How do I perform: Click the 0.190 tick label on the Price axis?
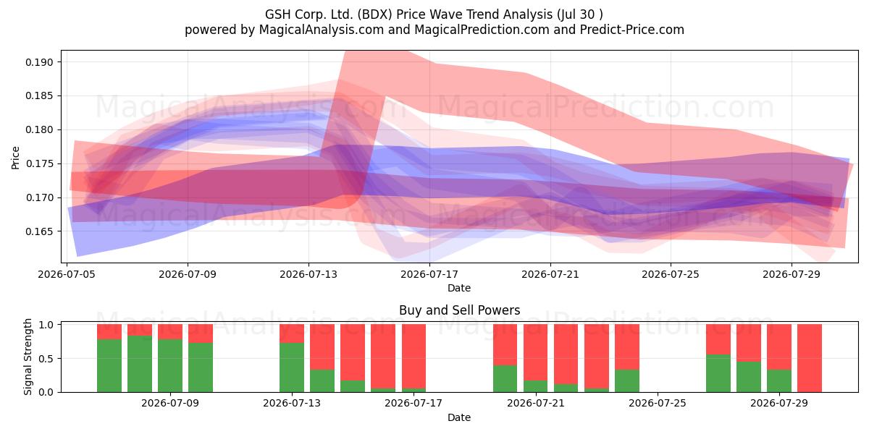[x=39, y=62]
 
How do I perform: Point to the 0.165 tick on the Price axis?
[x=39, y=231]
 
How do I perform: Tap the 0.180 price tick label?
[x=39, y=129]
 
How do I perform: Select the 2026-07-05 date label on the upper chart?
[x=67, y=274]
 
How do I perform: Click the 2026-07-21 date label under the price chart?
[x=550, y=274]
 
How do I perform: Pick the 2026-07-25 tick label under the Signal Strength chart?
[x=658, y=403]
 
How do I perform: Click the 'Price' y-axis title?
[x=15, y=158]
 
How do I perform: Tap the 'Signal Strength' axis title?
[x=28, y=357]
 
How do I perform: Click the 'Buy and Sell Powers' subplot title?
[x=459, y=310]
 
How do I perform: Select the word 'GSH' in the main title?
[x=278, y=14]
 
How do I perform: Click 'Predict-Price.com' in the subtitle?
[x=632, y=30]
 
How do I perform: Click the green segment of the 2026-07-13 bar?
[x=292, y=367]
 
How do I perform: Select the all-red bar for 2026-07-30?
[x=810, y=358]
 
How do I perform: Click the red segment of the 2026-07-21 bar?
[x=535, y=352]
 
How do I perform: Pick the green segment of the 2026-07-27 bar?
[x=718, y=373]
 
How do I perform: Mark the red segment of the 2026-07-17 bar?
[x=413, y=356]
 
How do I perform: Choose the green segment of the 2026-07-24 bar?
[x=627, y=380]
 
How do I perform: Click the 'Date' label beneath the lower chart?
[x=459, y=418]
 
